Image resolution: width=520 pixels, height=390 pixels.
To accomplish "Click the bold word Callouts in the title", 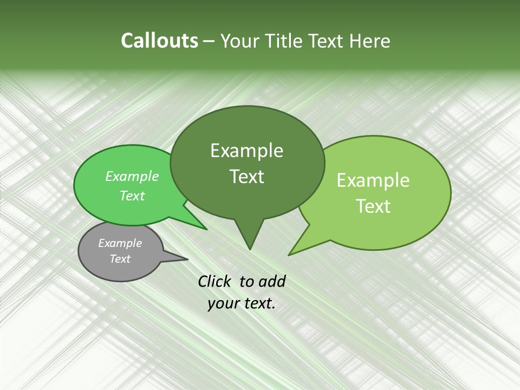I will click(x=160, y=41).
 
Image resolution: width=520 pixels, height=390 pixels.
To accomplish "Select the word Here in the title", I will click(x=369, y=41).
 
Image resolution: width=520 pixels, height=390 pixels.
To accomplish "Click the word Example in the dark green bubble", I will click(x=246, y=151).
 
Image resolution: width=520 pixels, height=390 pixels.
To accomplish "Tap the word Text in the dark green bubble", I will click(x=246, y=177).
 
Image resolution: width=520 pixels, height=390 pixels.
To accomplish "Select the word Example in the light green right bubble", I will click(x=373, y=180).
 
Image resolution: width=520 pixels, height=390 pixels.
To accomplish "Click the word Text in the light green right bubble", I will click(x=373, y=206).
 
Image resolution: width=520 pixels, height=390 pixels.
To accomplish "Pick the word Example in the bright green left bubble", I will click(x=132, y=176).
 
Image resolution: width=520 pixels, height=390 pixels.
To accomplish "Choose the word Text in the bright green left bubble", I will click(x=132, y=196).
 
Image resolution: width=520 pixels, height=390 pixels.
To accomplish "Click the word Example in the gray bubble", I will click(x=120, y=243).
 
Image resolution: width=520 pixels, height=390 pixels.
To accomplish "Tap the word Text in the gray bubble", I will click(x=120, y=259).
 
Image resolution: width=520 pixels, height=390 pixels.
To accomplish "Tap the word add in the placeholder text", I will click(x=272, y=281).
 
